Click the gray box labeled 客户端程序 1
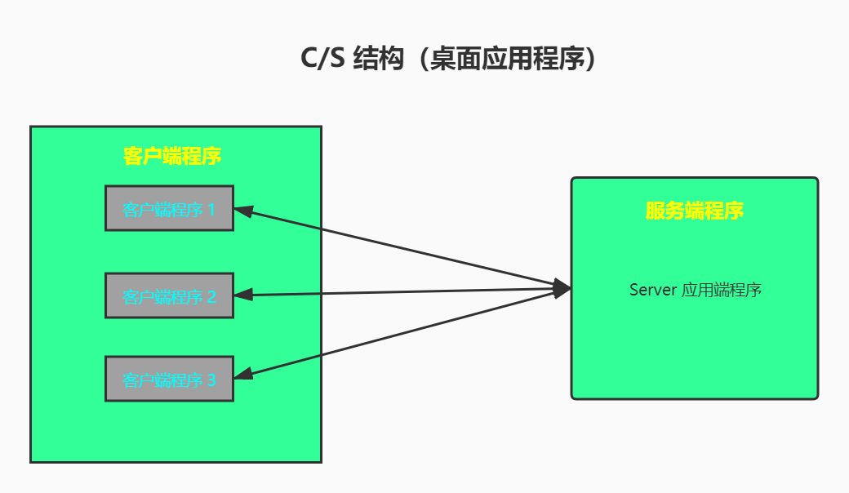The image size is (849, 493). click(169, 208)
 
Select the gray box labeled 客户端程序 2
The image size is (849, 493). click(169, 295)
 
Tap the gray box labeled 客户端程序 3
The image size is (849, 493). click(169, 379)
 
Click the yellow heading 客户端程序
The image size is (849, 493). click(172, 156)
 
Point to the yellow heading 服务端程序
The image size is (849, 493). click(694, 211)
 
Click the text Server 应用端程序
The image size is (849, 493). click(695, 290)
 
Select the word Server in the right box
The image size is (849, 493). click(652, 290)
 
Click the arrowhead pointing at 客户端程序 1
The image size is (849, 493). click(243, 211)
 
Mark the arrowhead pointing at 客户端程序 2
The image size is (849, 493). click(243, 295)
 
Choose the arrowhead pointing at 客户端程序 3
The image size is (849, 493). click(243, 375)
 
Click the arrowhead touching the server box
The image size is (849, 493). click(562, 287)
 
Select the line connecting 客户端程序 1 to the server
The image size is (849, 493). click(400, 248)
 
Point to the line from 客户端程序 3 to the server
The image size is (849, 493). click(400, 332)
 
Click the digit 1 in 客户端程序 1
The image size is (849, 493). click(211, 210)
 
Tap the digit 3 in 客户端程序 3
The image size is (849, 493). click(211, 380)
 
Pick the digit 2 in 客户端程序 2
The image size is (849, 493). click(211, 296)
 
